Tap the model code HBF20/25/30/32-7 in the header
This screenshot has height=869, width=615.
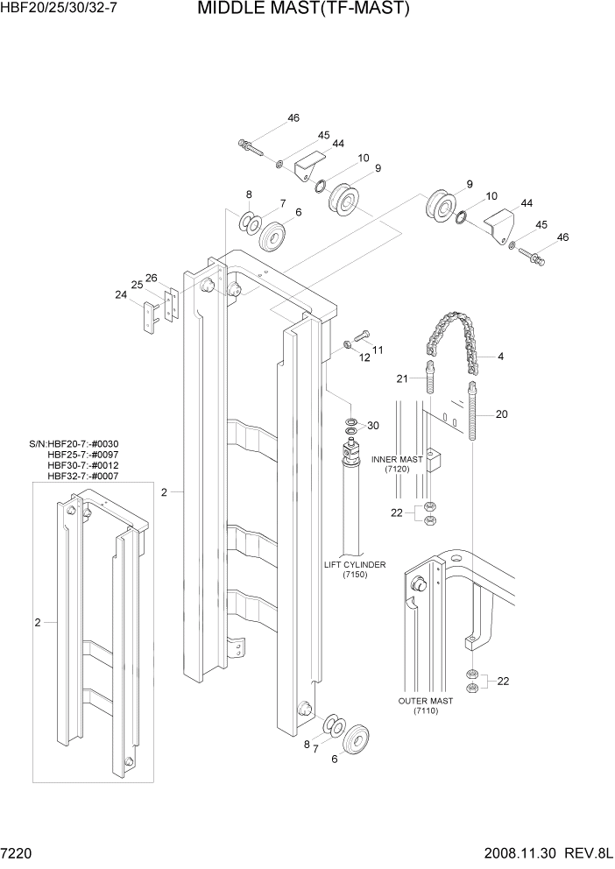click(59, 10)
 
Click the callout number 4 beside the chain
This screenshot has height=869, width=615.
click(500, 357)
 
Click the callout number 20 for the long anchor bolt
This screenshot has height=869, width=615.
click(501, 414)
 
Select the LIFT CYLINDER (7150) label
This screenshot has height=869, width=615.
click(355, 570)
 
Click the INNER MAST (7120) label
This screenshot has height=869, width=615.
click(397, 464)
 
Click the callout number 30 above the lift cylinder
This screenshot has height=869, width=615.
click(373, 426)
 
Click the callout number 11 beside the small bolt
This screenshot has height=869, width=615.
click(378, 350)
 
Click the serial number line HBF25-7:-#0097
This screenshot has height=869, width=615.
click(83, 455)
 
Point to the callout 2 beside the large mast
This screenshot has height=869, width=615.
click(164, 493)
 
